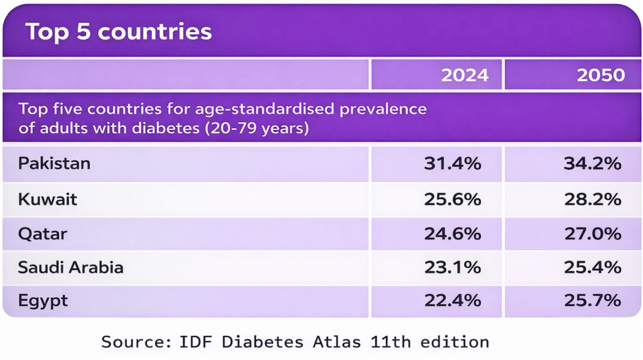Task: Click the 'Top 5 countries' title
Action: tap(119, 32)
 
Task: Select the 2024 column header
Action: tap(465, 75)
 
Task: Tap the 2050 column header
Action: tap(601, 75)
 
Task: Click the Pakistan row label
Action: tap(55, 164)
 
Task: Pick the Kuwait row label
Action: tap(48, 200)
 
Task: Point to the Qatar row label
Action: tap(43, 234)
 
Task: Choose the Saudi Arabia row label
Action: tap(71, 268)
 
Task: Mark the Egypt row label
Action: tap(43, 302)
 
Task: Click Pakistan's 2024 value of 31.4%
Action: tap(452, 164)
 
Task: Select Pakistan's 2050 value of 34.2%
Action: tap(592, 164)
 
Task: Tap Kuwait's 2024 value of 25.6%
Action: tap(452, 200)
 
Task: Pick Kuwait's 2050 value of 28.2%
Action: tap(592, 200)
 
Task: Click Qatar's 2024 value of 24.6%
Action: tap(452, 234)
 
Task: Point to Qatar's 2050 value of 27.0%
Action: tap(592, 234)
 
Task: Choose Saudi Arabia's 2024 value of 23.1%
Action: tap(452, 268)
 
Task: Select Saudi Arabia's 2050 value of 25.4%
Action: tap(592, 268)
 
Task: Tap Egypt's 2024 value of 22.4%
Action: tap(452, 301)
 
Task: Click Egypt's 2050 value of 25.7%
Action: tap(592, 301)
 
